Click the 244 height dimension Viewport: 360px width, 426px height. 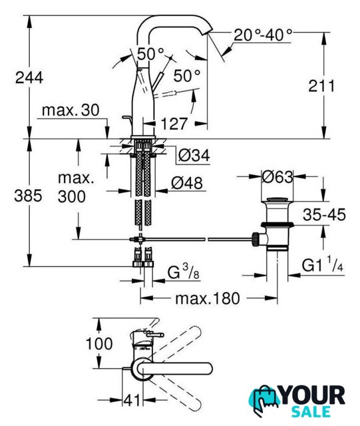(x=29, y=78)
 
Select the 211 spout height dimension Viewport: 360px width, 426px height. (x=321, y=86)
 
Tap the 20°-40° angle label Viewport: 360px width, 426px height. (x=263, y=35)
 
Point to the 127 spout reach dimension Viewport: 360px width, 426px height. (x=174, y=124)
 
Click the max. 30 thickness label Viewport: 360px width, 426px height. (x=71, y=110)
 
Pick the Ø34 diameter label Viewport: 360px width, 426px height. (x=194, y=155)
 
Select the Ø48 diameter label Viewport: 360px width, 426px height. (x=187, y=183)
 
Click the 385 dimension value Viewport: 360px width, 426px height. (x=28, y=196)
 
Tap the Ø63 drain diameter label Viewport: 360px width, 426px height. (x=277, y=177)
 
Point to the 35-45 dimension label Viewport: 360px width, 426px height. (x=324, y=214)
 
